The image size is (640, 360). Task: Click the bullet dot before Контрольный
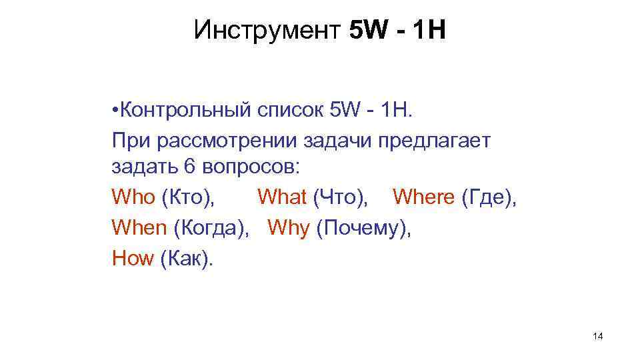[115, 109]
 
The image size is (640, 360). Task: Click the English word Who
[133, 197]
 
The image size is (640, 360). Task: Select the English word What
[282, 197]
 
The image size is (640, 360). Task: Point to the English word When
[139, 228]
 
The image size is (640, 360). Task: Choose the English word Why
[289, 228]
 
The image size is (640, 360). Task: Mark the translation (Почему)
[364, 228]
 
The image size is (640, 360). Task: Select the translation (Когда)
[211, 228]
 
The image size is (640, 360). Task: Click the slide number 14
[597, 337]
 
